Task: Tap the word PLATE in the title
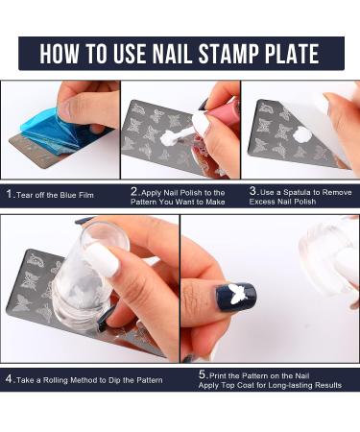(288, 53)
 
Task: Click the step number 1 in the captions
(8, 193)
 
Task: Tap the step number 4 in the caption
(9, 378)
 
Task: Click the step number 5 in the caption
(203, 373)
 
